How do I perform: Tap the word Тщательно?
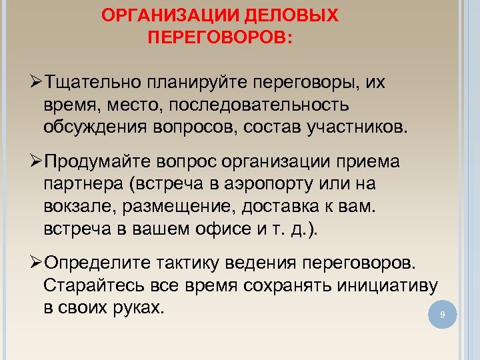click(94, 82)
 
